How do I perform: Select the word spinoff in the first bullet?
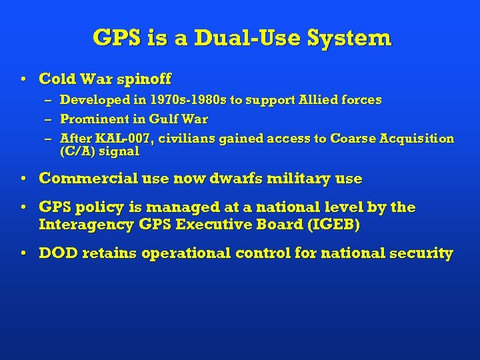point(143,79)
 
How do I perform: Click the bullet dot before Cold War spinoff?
point(24,79)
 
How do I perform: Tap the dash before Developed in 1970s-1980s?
point(48,101)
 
